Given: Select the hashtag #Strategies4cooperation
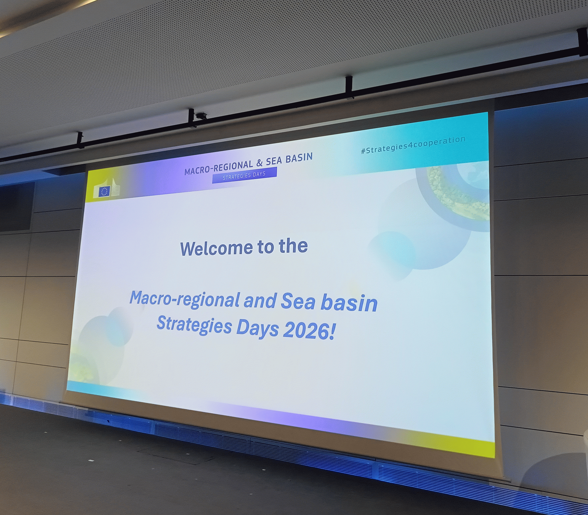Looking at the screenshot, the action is pyautogui.click(x=413, y=145).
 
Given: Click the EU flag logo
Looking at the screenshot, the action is pyautogui.click(x=104, y=191).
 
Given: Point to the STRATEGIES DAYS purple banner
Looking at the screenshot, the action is pyautogui.click(x=244, y=175).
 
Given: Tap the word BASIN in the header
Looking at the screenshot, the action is pyautogui.click(x=299, y=158).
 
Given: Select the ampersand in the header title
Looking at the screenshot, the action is pyautogui.click(x=259, y=163).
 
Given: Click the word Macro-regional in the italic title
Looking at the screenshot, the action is pyautogui.click(x=185, y=299).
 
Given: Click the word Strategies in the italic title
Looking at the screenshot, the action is pyautogui.click(x=194, y=325).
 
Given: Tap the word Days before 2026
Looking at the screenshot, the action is pyautogui.click(x=258, y=328).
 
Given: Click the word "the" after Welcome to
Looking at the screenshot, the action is pyautogui.click(x=293, y=246).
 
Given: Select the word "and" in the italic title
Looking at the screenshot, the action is pyautogui.click(x=260, y=301).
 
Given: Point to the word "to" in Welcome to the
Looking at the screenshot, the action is pyautogui.click(x=266, y=248).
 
